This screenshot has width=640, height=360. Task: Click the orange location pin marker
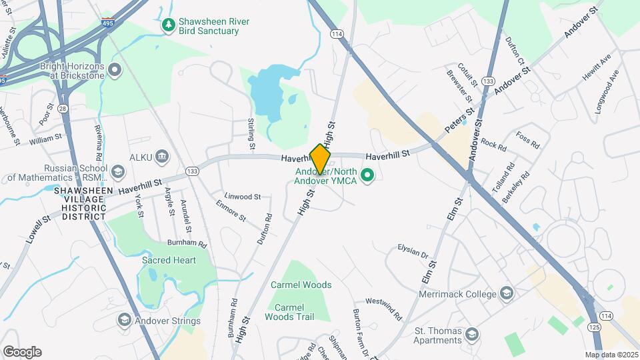pyautogui.click(x=320, y=159)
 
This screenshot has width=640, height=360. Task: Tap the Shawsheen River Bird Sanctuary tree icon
pyautogui.click(x=169, y=26)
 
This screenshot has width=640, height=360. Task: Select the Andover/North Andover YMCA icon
pyautogui.click(x=366, y=176)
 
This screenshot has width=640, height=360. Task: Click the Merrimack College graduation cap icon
pyautogui.click(x=506, y=294)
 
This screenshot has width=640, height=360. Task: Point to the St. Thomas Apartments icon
pyautogui.click(x=472, y=334)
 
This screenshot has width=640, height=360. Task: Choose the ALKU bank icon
pyautogui.click(x=162, y=157)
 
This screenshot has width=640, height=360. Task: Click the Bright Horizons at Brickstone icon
pyautogui.click(x=115, y=69)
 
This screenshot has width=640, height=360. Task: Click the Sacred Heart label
pyautogui.click(x=169, y=260)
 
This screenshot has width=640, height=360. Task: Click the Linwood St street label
pyautogui.click(x=242, y=197)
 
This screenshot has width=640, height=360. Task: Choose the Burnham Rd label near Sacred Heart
pyautogui.click(x=189, y=244)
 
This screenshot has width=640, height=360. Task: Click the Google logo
pyautogui.click(x=22, y=351)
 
